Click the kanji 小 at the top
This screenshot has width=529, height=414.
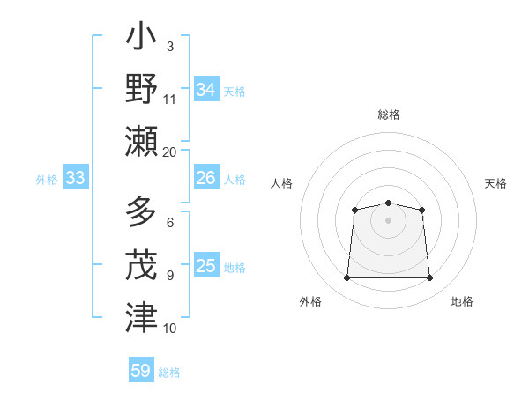(x=141, y=39)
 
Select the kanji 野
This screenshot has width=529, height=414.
(x=141, y=89)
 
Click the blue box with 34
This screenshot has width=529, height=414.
(x=206, y=89)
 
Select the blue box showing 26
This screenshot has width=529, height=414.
(x=206, y=178)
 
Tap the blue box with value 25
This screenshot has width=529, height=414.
(x=206, y=265)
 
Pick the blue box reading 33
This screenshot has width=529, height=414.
(x=76, y=178)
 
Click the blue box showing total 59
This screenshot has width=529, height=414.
(x=141, y=370)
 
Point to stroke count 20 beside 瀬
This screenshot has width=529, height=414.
(x=170, y=152)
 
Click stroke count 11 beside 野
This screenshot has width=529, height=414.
(x=170, y=99)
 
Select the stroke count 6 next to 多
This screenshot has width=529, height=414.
(x=170, y=223)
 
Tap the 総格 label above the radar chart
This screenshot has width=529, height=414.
(x=388, y=115)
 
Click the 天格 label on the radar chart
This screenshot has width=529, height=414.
(x=496, y=183)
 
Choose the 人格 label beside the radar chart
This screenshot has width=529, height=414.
(x=281, y=183)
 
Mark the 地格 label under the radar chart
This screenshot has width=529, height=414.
(x=462, y=301)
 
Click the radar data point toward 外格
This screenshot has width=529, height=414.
(x=346, y=278)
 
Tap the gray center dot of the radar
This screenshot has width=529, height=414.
(x=388, y=219)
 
